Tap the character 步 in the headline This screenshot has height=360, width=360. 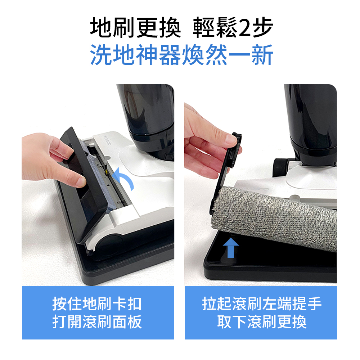tap(262, 28)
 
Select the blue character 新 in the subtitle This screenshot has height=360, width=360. tap(262, 55)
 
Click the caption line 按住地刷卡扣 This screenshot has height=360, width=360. tap(97, 303)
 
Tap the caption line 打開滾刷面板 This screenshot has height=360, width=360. tap(97, 321)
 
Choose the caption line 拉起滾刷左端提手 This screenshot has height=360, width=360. tap(262, 303)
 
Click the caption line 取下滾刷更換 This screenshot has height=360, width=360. tap(262, 321)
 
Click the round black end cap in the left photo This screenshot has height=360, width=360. tap(108, 244)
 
